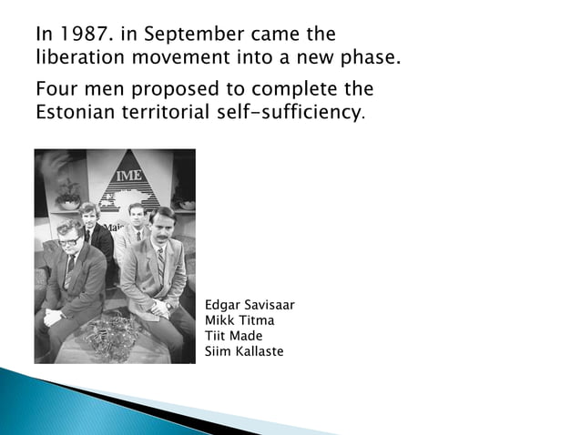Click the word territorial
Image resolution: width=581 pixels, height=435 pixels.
(174, 114)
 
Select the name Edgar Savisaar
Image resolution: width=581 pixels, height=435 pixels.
(250, 306)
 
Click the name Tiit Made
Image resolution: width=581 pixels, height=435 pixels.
(235, 336)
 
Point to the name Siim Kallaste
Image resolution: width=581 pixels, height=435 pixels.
(245, 351)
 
